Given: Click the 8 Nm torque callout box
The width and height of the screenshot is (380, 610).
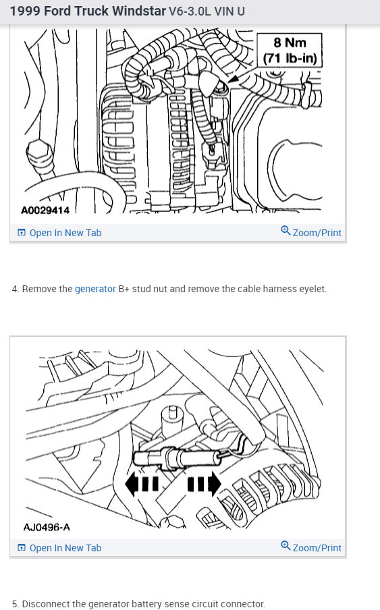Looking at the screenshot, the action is point(290,50).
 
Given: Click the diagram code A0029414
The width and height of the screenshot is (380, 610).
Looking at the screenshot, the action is point(45,211).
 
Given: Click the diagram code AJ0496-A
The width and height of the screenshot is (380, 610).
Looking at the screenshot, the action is point(47,527).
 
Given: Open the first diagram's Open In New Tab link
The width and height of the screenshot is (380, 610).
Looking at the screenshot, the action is point(59,233).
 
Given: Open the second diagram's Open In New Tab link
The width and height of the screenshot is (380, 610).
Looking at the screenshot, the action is point(59,548).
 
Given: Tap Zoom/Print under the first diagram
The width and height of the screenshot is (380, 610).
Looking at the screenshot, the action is point(311,232).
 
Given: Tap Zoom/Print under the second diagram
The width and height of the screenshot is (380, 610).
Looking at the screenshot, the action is point(311,547).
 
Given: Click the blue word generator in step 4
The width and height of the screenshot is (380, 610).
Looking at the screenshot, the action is point(95,289).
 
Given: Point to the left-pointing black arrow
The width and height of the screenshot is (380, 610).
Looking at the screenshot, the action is point(142,484).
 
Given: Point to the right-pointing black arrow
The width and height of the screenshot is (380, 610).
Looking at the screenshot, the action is point(205,484).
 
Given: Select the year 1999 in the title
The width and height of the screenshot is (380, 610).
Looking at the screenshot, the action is point(25,11).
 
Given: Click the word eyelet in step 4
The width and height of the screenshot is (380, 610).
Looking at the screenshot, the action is point(313,289).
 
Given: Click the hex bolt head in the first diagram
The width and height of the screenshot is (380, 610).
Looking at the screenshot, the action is point(39,153).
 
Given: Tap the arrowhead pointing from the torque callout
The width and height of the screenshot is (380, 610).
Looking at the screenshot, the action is point(233,79).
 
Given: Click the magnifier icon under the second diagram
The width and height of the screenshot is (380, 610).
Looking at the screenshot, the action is point(286,545).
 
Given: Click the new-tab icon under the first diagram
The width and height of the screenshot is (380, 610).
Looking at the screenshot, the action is point(22,233).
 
